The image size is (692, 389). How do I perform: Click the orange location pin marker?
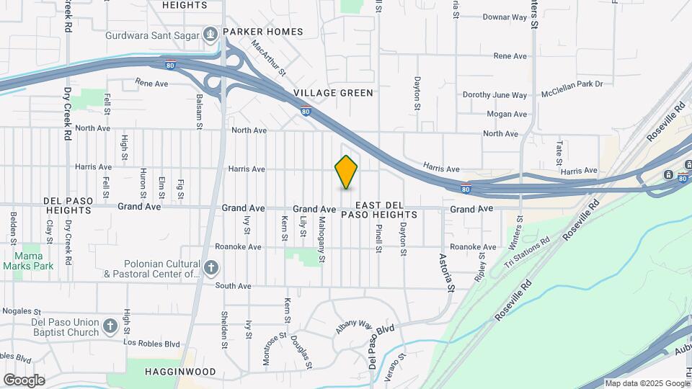[346, 172]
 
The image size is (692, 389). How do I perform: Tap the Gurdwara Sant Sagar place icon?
[209, 33]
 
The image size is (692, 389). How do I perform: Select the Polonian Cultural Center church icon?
[210, 269]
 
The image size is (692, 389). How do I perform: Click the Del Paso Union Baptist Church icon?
[110, 326]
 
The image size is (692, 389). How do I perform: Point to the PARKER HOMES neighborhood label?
[262, 32]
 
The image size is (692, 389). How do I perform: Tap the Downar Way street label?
[505, 16]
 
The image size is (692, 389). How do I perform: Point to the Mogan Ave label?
[507, 114]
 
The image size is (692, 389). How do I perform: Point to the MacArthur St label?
[268, 58]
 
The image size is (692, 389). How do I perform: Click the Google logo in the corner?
[24, 380]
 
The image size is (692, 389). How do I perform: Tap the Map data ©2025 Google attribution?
[647, 383]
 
